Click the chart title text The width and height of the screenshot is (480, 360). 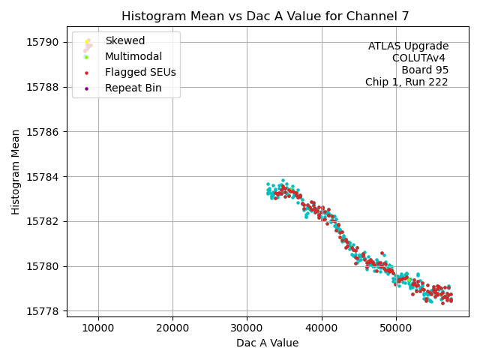(x=267, y=16)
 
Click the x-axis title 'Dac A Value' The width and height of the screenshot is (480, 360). (x=267, y=343)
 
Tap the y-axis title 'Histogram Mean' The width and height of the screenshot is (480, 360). (x=16, y=172)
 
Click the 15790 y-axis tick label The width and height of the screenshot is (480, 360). (x=46, y=42)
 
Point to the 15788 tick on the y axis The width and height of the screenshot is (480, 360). (x=46, y=87)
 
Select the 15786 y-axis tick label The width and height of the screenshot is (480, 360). (x=46, y=132)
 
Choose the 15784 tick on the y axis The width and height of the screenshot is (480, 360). (x=46, y=177)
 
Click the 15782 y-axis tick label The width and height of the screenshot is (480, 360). (x=46, y=222)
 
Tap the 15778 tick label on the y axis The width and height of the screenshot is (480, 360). (x=46, y=311)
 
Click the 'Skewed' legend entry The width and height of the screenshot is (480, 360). (x=124, y=40)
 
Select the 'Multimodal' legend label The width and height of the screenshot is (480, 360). (x=133, y=56)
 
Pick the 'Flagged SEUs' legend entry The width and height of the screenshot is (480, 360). (x=140, y=72)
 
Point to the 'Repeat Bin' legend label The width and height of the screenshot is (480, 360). (x=133, y=88)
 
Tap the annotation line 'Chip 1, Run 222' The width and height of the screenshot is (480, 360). (x=406, y=82)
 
